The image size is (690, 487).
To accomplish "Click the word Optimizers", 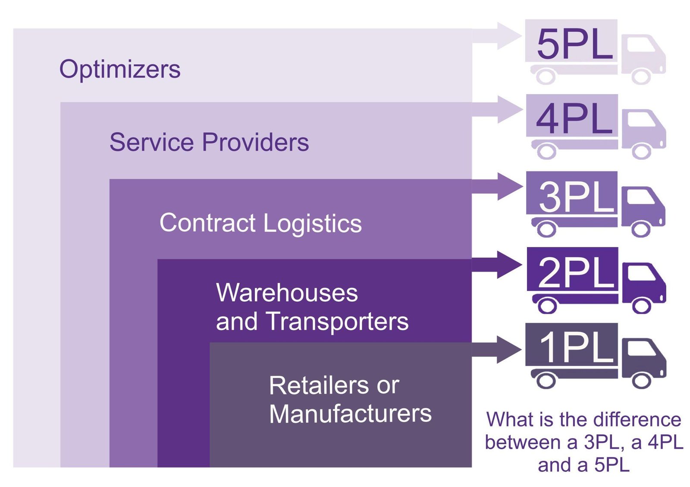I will (x=120, y=70).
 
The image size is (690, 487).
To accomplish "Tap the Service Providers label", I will (x=209, y=142).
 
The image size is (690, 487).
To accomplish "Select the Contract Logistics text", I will (x=260, y=223).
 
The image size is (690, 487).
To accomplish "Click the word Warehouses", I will (x=287, y=293).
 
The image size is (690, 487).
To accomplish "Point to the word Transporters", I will (x=337, y=322).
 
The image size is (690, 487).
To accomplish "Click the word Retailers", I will (x=319, y=385).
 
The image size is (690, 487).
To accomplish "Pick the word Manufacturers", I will (x=350, y=414).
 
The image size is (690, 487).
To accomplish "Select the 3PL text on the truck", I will (x=575, y=197).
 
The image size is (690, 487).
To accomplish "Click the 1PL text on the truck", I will (x=575, y=348).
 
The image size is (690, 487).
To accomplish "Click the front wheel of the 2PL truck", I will (x=641, y=305).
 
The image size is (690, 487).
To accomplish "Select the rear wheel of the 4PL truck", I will (x=546, y=152).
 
